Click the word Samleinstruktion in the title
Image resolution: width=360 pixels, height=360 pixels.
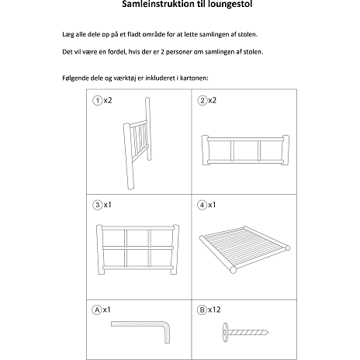(x=158, y=4)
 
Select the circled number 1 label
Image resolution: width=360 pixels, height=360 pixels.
(x=98, y=100)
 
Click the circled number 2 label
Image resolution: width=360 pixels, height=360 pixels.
(x=202, y=100)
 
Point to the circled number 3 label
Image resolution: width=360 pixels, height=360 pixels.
(x=98, y=205)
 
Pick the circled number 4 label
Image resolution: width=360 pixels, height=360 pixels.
(x=202, y=205)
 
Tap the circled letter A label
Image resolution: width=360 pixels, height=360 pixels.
(x=97, y=310)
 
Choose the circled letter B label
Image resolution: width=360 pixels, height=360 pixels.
(x=202, y=310)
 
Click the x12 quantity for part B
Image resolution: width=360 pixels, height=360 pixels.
(x=214, y=310)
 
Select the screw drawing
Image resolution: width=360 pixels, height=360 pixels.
(x=245, y=332)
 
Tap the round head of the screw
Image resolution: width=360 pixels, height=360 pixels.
(x=225, y=332)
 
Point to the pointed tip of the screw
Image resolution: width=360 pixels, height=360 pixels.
(x=268, y=332)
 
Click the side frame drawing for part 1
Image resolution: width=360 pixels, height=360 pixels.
(x=137, y=144)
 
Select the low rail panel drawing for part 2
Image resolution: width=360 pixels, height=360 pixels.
(x=245, y=151)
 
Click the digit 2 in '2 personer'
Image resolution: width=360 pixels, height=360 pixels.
(x=162, y=52)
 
